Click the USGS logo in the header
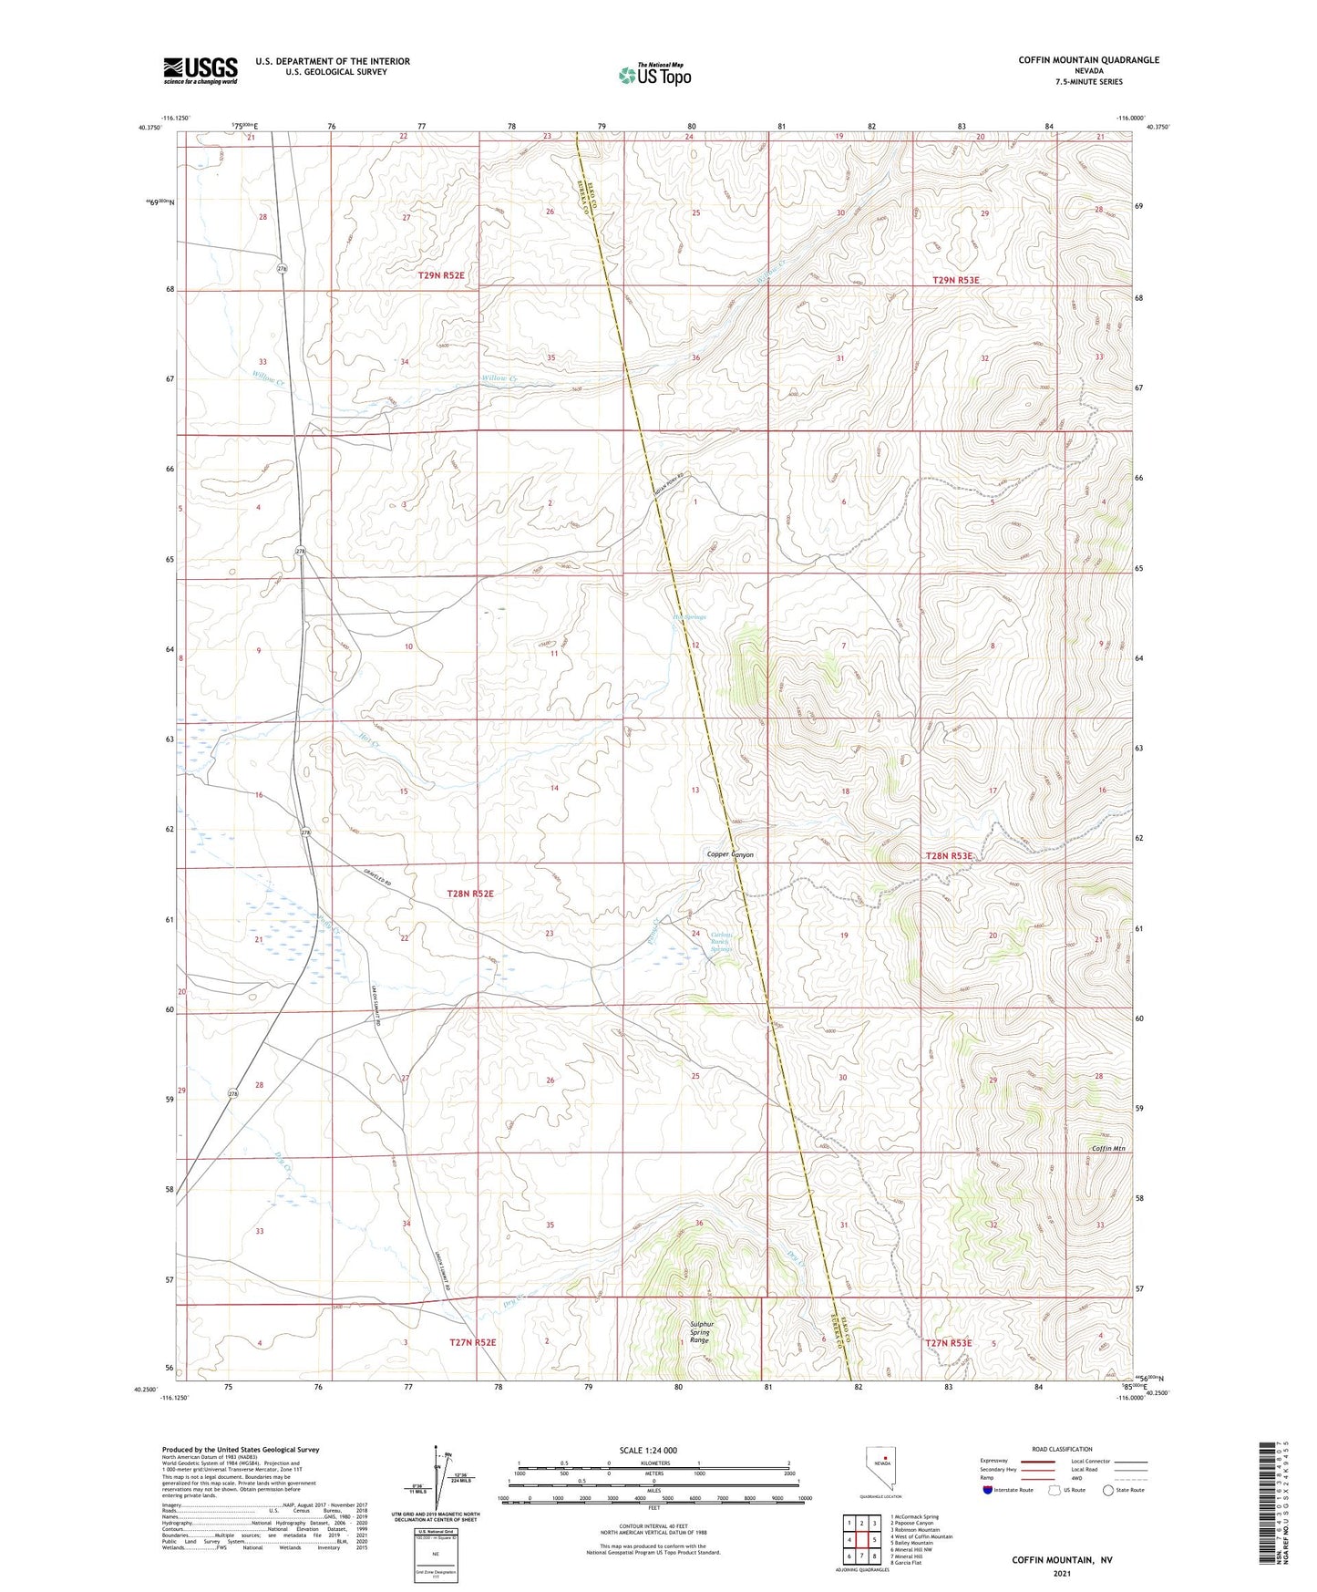(x=201, y=70)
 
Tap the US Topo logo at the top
(x=653, y=75)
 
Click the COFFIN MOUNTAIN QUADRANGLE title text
(x=1088, y=60)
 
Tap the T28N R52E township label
(x=470, y=894)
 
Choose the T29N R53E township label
(x=956, y=280)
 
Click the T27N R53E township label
(x=949, y=1343)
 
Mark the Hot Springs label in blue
(x=689, y=617)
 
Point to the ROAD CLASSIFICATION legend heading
(x=1063, y=1449)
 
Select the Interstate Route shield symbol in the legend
(x=989, y=1490)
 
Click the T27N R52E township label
(x=473, y=1342)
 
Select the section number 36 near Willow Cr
(x=695, y=357)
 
